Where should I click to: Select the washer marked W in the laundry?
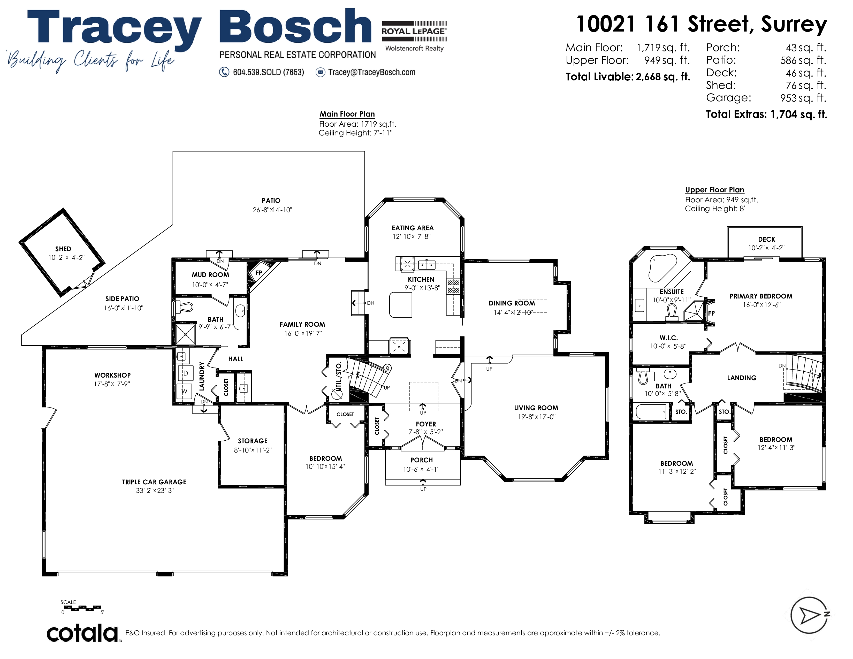click(184, 391)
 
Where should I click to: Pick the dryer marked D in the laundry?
click(186, 373)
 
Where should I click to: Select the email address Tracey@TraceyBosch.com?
click(371, 72)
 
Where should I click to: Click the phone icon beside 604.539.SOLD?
click(224, 72)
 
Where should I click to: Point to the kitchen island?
click(401, 304)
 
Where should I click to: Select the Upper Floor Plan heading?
click(714, 190)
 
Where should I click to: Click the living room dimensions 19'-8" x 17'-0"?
click(537, 417)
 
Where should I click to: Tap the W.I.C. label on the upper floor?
click(669, 338)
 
